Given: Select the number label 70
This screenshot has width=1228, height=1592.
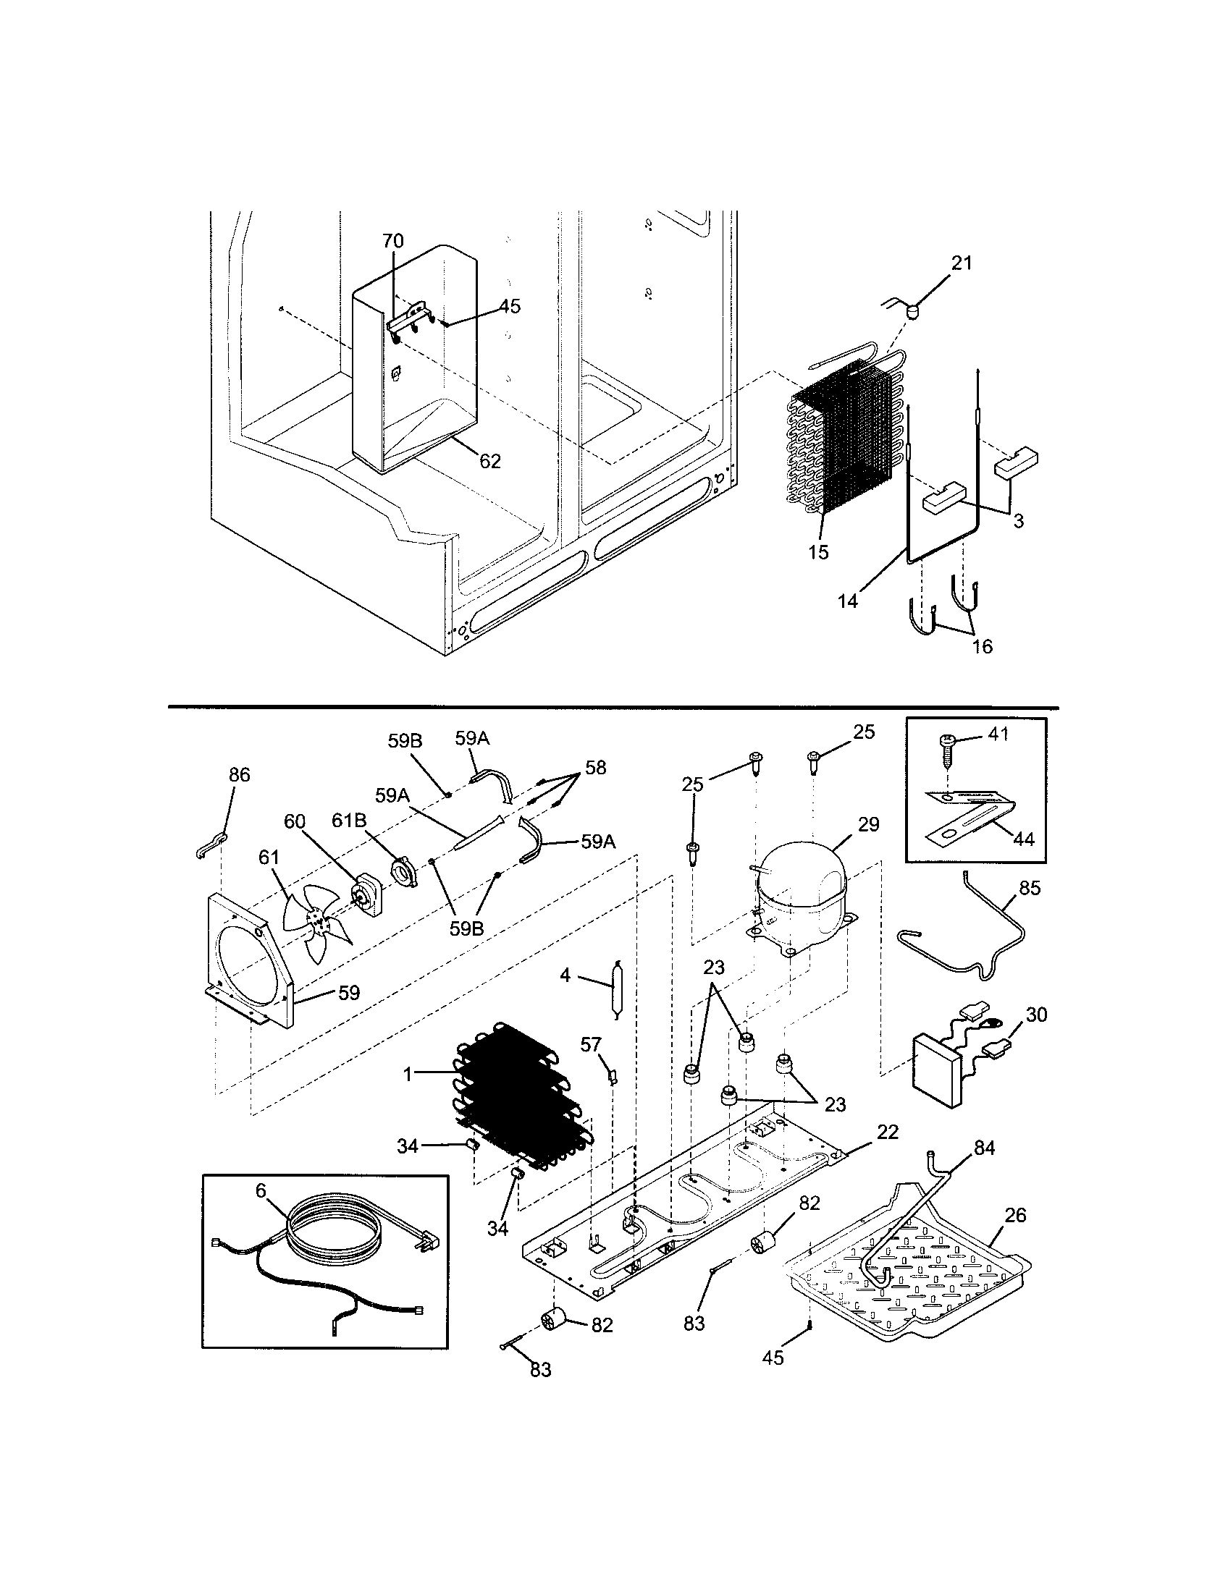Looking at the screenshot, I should point(393,240).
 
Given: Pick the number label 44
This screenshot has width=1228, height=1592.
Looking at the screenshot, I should point(1023,839).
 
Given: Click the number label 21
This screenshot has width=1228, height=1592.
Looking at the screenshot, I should point(962,263).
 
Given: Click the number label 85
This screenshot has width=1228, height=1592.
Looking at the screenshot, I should point(1030,888).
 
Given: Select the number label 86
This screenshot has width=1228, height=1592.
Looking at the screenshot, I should point(239,775).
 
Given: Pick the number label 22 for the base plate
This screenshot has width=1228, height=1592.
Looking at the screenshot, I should point(888,1131).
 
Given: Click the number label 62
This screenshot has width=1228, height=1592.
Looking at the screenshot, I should point(490,461).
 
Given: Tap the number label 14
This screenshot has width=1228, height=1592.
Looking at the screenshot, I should point(847,601).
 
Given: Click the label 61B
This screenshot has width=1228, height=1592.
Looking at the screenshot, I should point(348,821).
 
